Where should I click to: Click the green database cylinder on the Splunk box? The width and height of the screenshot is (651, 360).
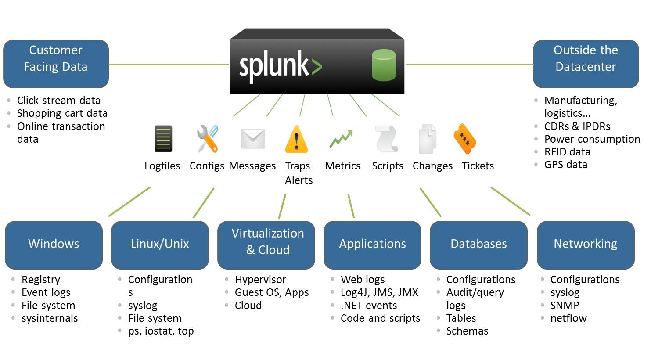pyautogui.click(x=384, y=65)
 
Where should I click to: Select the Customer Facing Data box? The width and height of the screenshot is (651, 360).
pyautogui.click(x=56, y=64)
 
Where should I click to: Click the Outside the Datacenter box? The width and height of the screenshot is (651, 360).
pyautogui.click(x=586, y=64)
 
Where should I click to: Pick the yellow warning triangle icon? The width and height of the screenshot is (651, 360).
pyautogui.click(x=297, y=139)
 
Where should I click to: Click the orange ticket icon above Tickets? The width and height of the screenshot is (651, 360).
pyautogui.click(x=465, y=139)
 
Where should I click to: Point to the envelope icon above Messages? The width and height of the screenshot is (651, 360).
pyautogui.click(x=253, y=139)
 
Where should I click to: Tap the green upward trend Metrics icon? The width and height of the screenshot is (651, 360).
pyautogui.click(x=342, y=139)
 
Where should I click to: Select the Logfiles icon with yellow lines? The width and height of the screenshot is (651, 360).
pyautogui.click(x=163, y=139)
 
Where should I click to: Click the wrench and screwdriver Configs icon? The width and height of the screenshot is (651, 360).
pyautogui.click(x=207, y=139)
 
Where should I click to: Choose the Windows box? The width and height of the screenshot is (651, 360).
pyautogui.click(x=54, y=245)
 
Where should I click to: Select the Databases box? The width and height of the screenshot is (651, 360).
pyautogui.click(x=478, y=245)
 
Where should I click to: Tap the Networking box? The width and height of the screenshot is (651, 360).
pyautogui.click(x=586, y=245)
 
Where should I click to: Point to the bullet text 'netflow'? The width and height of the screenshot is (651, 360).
pyautogui.click(x=568, y=318)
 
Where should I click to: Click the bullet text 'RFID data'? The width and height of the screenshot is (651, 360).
pyautogui.click(x=567, y=152)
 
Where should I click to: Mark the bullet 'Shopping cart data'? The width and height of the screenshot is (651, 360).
pyautogui.click(x=62, y=113)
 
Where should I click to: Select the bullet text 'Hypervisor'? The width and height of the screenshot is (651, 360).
pyautogui.click(x=260, y=280)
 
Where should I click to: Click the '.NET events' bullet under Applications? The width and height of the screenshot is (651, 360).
pyautogui.click(x=369, y=306)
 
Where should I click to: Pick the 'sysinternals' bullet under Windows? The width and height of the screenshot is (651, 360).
pyautogui.click(x=50, y=318)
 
